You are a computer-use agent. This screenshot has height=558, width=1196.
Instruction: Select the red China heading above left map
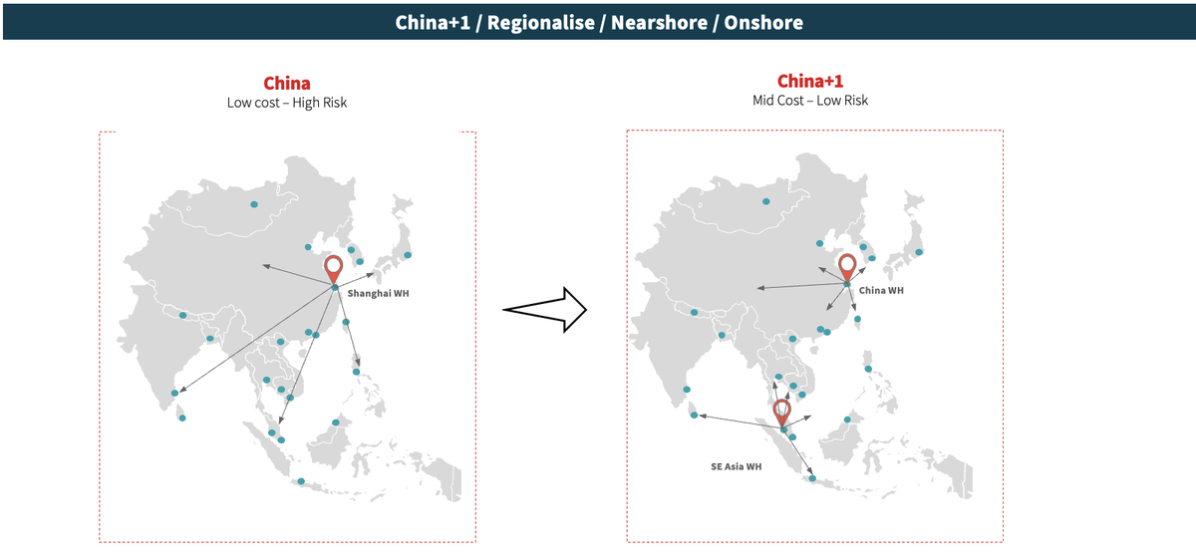pyautogui.click(x=287, y=84)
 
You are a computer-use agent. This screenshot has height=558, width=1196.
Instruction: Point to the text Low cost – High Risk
pyautogui.click(x=287, y=103)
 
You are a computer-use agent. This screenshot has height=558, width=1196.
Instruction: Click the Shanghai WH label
pyautogui.click(x=380, y=294)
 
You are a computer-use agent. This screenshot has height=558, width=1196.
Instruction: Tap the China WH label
pyautogui.click(x=881, y=291)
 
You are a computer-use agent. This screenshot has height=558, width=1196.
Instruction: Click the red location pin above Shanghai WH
pyautogui.click(x=335, y=268)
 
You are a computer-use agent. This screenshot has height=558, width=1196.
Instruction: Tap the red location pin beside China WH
pyautogui.click(x=847, y=266)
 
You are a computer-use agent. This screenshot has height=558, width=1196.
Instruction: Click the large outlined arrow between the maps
pyautogui.click(x=545, y=309)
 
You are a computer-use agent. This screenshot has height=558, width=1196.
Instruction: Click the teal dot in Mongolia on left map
pyautogui.click(x=254, y=204)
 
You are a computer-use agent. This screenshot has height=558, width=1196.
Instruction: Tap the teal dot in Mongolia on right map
pyautogui.click(x=766, y=201)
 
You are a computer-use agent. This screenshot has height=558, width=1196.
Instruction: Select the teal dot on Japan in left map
pyautogui.click(x=407, y=255)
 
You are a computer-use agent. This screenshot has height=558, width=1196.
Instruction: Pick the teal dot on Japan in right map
pyautogui.click(x=919, y=252)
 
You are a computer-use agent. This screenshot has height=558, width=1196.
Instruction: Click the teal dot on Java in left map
pyautogui.click(x=301, y=482)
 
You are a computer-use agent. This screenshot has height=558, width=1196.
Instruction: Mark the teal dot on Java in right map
pyautogui.click(x=813, y=479)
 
